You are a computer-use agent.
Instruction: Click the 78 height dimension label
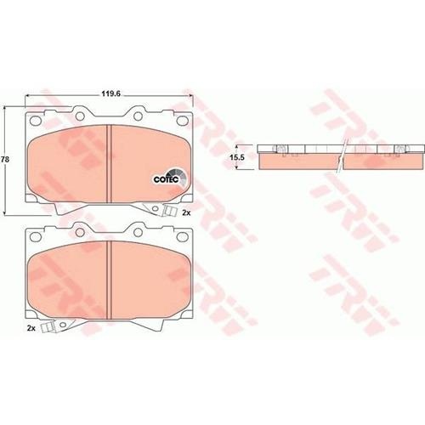coord(5,160)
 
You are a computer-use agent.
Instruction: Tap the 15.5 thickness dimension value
coord(237,157)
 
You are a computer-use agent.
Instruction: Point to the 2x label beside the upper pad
coord(186,212)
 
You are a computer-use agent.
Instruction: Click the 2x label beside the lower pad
coord(31,328)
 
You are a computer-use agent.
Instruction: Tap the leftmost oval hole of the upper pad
coord(36,121)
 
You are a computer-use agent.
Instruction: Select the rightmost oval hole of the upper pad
coord(182,121)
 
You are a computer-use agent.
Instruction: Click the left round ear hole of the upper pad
coord(80,116)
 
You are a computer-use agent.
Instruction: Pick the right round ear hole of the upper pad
coord(138,116)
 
